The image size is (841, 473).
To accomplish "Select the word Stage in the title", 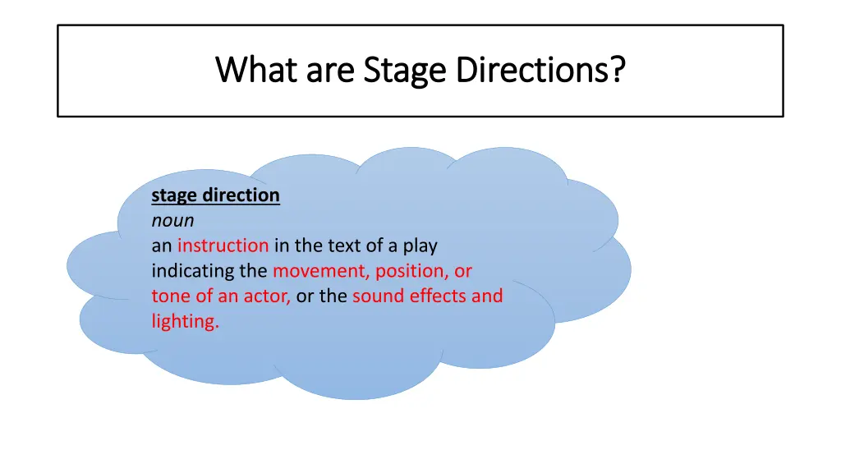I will click(403, 71).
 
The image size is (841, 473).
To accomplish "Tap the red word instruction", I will click(223, 246).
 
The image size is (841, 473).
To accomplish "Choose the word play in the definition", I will click(419, 246).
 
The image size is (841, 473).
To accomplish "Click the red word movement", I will click(321, 271).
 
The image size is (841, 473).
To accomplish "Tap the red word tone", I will click(168, 296).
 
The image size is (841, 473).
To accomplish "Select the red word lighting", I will click(185, 321).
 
